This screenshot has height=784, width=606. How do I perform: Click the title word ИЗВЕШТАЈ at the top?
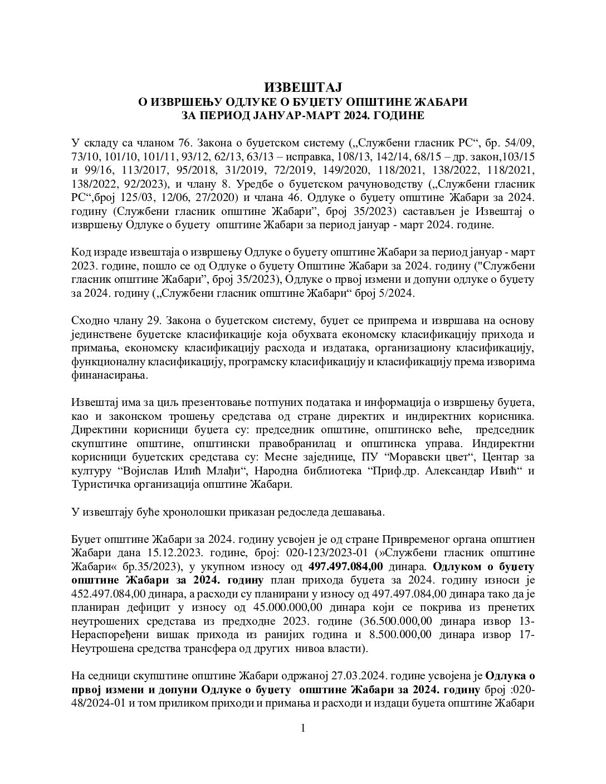click(302, 87)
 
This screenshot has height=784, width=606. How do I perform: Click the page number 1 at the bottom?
click(303, 728)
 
